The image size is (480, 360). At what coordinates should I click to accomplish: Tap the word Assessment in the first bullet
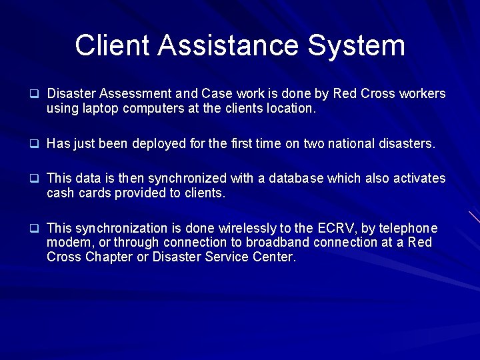[129, 94]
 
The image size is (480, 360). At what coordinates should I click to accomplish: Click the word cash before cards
[59, 193]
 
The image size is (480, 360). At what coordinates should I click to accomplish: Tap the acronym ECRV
[333, 228]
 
